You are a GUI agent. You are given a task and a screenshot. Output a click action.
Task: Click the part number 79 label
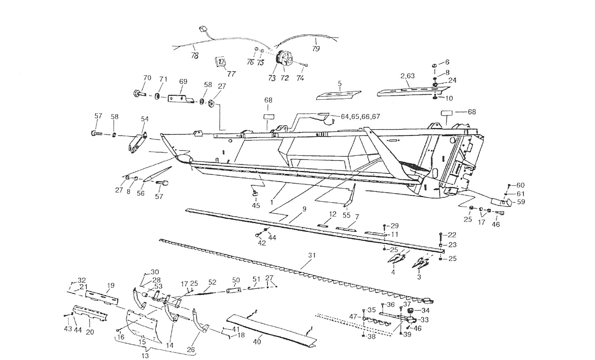[x=316, y=49]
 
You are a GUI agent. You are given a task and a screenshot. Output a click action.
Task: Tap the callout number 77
[x=231, y=74]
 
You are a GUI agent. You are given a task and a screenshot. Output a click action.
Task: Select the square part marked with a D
[x=220, y=62]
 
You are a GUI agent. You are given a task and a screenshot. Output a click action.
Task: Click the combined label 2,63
[x=408, y=76]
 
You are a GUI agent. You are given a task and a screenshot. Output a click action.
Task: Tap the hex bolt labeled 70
[x=139, y=93]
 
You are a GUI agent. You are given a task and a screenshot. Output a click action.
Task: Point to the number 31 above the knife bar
[x=312, y=255]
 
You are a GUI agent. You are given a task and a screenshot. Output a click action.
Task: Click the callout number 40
[x=257, y=342]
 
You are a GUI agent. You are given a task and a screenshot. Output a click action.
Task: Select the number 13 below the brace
[x=145, y=355]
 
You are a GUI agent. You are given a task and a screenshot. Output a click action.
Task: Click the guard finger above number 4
[x=396, y=258]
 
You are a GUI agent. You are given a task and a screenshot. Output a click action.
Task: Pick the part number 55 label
[x=346, y=215]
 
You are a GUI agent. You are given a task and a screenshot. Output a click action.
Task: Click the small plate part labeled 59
[x=501, y=202]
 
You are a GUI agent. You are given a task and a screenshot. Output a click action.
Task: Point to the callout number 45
[x=256, y=205]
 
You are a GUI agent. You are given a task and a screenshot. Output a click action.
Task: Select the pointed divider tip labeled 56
[x=157, y=174]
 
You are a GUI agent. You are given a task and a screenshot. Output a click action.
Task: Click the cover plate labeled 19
[x=102, y=297]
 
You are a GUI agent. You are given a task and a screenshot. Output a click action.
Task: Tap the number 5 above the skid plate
[x=339, y=83]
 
